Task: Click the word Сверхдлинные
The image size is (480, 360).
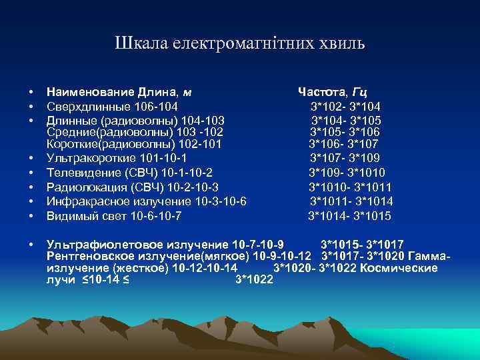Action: click(x=87, y=107)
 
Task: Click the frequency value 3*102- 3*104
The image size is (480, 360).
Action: click(x=345, y=107)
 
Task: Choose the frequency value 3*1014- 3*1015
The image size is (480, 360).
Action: click(x=349, y=216)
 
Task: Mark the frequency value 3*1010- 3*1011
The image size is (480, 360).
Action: click(x=349, y=187)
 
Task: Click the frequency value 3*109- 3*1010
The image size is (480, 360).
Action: click(x=347, y=173)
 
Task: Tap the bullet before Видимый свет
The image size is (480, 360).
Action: click(x=31, y=216)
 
